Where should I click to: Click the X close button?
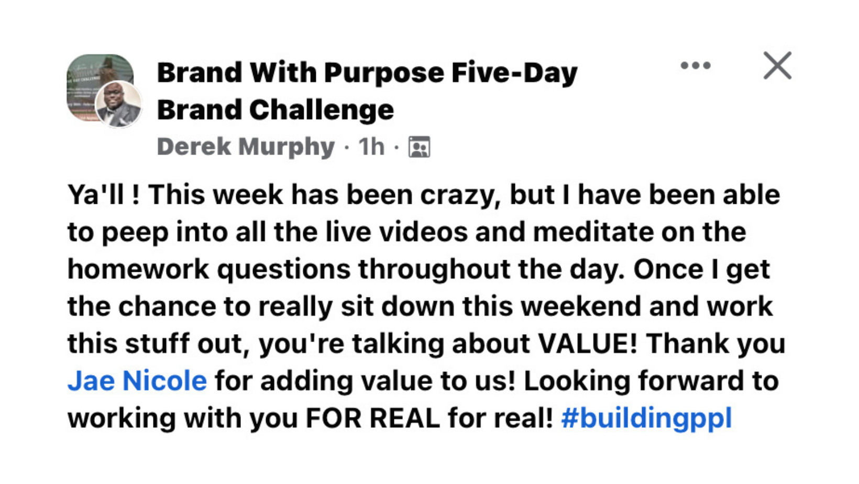click(777, 65)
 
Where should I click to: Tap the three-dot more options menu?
click(695, 65)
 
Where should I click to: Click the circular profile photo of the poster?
click(118, 104)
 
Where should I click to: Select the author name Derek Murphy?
click(246, 147)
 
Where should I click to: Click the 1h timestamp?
click(371, 147)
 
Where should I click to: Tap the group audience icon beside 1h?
click(419, 147)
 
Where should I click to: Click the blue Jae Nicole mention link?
click(137, 381)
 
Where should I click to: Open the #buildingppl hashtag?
click(646, 418)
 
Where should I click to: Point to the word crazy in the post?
click(460, 195)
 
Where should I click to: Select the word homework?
click(138, 269)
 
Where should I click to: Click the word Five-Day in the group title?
click(514, 73)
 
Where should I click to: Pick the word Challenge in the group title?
click(322, 110)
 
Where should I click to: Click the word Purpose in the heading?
click(384, 73)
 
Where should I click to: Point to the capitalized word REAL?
click(404, 418)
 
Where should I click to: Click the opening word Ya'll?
click(96, 195)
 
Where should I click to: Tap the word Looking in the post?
click(577, 381)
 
